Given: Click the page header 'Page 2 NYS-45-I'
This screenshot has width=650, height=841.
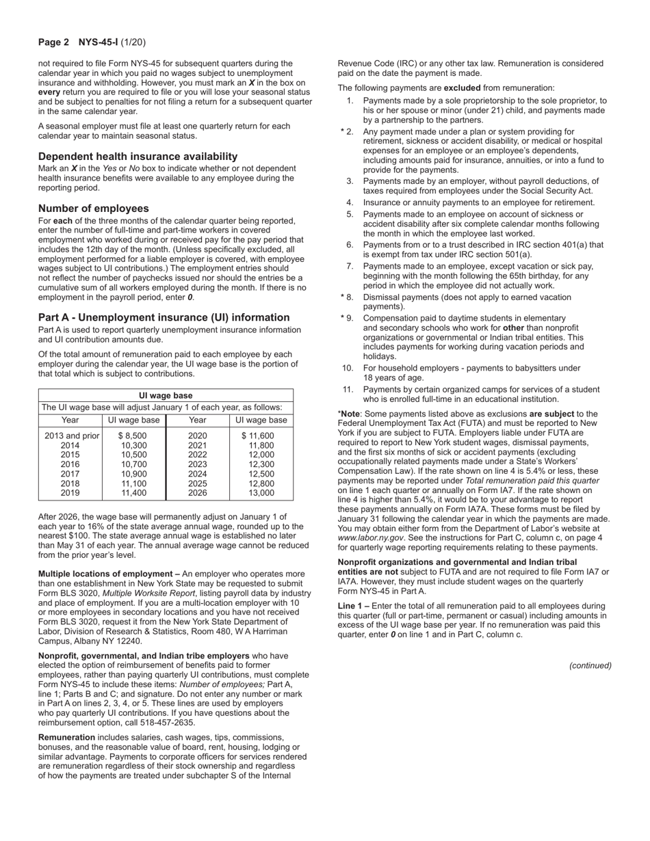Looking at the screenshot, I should [91, 42].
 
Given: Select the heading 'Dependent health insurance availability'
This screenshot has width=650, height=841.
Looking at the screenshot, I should [138, 157].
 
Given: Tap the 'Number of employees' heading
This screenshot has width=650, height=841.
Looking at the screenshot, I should [93, 209].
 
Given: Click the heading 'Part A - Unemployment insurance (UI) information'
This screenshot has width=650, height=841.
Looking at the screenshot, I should [164, 318].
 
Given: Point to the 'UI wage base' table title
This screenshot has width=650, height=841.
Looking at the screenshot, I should [166, 396].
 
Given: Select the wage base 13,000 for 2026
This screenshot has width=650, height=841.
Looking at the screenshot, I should [261, 493].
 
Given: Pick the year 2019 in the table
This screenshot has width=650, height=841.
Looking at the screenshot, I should [70, 493].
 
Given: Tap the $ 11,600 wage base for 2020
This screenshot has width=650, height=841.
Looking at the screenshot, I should [258, 436].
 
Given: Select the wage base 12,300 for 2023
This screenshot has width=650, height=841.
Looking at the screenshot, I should [261, 464].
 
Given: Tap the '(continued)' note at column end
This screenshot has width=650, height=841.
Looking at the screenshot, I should [590, 666].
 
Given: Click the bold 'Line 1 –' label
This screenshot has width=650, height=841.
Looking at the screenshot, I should [354, 606].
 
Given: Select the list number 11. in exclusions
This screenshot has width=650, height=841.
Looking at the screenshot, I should [348, 390].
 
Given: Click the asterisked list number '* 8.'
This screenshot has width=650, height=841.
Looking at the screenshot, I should [347, 297].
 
